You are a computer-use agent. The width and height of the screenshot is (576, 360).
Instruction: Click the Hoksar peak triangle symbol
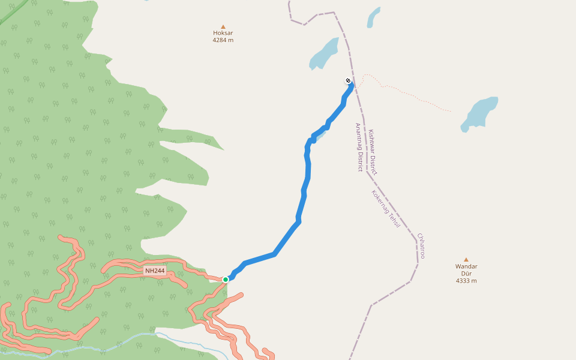tap(223, 26)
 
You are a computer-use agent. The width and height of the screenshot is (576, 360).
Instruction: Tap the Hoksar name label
tap(223, 34)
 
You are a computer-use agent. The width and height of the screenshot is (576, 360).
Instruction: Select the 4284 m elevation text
tap(223, 40)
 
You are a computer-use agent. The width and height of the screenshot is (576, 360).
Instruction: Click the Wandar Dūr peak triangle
tap(466, 259)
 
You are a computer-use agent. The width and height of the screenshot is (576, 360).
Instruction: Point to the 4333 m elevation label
tap(466, 280)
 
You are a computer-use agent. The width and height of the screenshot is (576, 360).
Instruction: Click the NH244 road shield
tap(155, 271)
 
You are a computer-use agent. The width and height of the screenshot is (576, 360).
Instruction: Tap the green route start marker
tap(226, 279)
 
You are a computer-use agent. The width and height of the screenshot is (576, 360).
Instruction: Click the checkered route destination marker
tap(348, 80)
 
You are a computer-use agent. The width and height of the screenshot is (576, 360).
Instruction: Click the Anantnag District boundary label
tap(359, 148)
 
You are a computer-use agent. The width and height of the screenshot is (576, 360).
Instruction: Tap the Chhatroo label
tap(422, 246)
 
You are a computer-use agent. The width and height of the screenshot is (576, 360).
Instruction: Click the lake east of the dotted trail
tap(480, 112)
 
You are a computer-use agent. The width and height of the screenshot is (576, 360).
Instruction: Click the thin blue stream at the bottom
tap(120, 344)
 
